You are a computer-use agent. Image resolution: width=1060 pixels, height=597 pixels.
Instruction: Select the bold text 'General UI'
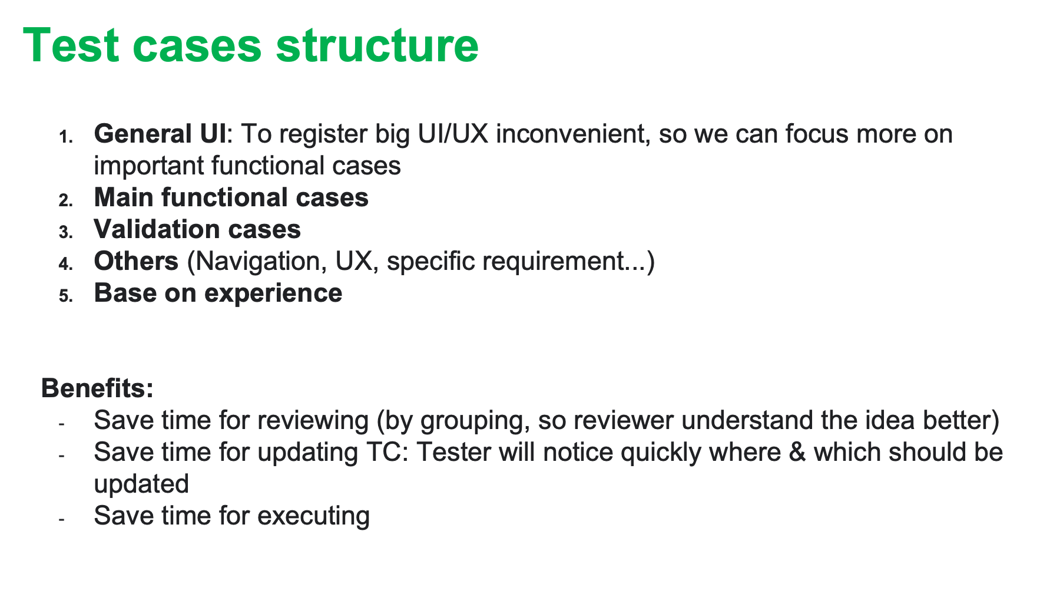coord(160,134)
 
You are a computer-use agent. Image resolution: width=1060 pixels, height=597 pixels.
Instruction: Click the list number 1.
coord(65,137)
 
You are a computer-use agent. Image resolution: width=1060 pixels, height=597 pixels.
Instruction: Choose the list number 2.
coord(65,200)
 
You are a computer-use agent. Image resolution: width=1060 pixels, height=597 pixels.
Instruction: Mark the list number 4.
coord(65,264)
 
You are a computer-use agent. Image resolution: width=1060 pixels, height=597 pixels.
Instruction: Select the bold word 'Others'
coord(136,261)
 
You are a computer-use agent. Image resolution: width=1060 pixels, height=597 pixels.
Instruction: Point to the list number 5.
coord(65,296)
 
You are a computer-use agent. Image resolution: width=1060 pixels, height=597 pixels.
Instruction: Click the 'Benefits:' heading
coord(98,388)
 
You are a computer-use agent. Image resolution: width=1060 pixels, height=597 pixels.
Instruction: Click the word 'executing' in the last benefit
coord(313,516)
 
